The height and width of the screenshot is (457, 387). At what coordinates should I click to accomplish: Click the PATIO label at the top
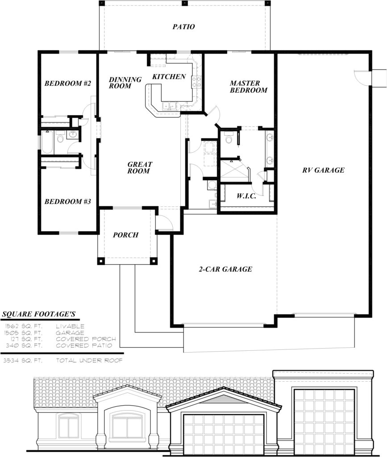pos(183,27)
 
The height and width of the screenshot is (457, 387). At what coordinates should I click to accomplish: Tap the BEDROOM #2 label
pos(68,83)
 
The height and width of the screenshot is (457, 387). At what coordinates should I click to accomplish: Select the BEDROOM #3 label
pos(68,202)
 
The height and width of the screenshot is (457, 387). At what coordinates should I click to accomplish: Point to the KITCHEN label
pos(169,77)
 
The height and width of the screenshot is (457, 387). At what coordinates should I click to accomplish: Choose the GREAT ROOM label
pos(139,167)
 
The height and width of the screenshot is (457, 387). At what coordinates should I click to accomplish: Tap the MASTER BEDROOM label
pos(248,87)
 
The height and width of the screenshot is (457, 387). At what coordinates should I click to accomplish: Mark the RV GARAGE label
pos(323,170)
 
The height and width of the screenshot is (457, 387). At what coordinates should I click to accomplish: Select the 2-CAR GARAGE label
pos(225,269)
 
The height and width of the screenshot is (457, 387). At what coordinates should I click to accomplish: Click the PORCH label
pos(125,235)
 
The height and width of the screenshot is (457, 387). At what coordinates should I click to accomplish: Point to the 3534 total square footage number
pos(12,360)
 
